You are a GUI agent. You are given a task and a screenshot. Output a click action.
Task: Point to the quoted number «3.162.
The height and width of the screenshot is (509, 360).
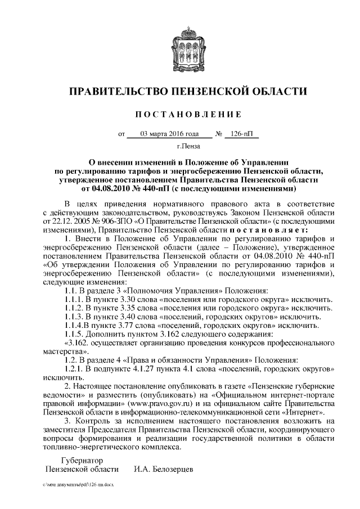pos(78,342)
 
